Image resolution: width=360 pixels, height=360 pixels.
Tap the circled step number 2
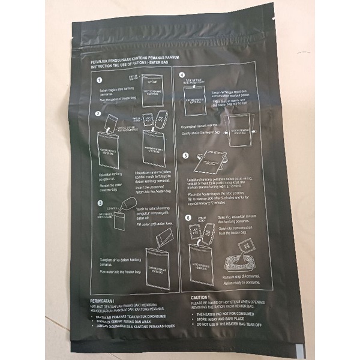[97, 113]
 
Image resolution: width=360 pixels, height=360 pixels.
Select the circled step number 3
[100, 204]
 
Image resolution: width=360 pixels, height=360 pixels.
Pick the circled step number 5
[186, 155]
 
